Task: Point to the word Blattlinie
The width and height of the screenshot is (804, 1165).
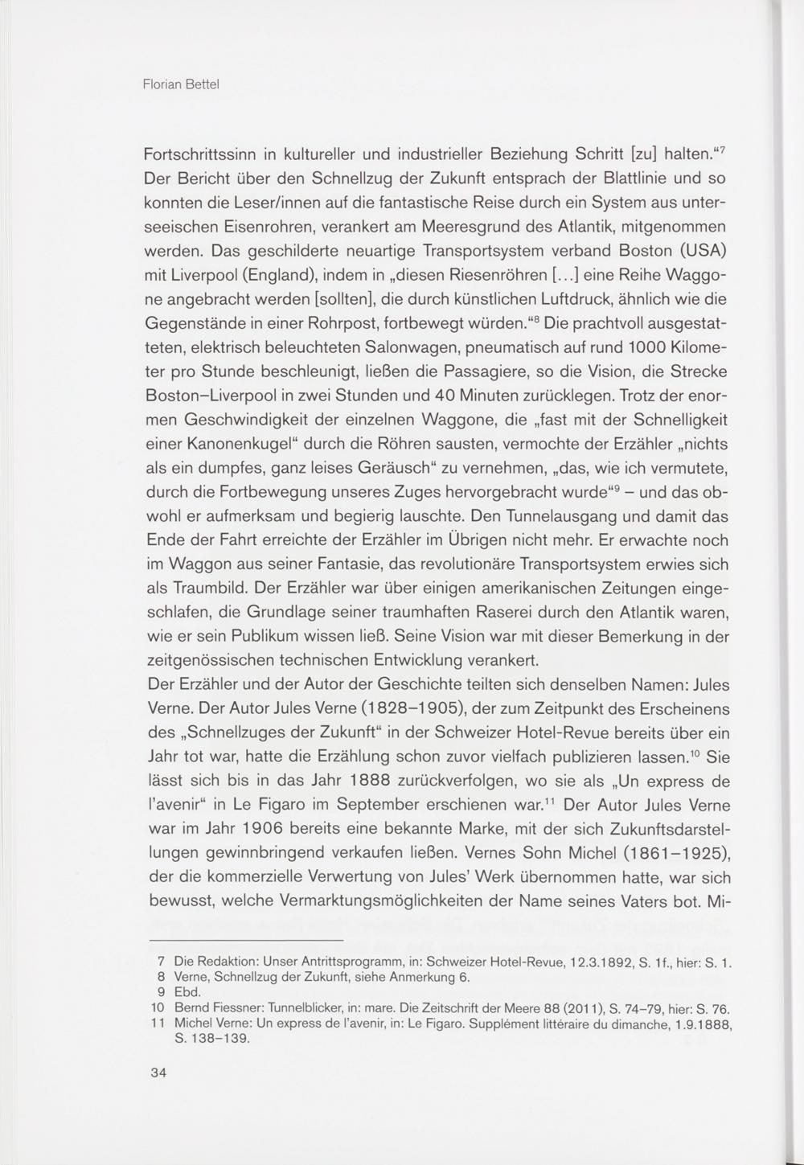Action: (x=621, y=177)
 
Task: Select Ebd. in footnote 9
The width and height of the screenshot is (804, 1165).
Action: (x=187, y=992)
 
